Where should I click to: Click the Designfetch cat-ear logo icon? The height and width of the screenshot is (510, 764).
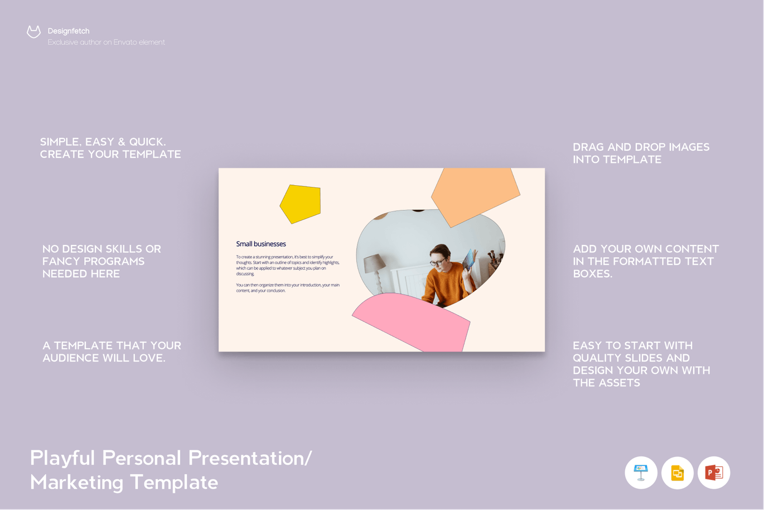[x=33, y=32]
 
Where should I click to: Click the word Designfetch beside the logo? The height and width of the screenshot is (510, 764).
[x=69, y=31]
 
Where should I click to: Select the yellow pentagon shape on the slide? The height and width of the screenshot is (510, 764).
[x=301, y=204]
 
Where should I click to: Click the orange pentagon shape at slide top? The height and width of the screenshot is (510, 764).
[x=475, y=193]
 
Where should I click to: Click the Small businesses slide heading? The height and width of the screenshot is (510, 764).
[x=261, y=244]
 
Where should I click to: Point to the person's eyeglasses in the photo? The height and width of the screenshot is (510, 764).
[x=437, y=262]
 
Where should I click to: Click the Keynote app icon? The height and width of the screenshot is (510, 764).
[x=641, y=473]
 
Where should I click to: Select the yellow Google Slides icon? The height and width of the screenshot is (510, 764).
[x=678, y=473]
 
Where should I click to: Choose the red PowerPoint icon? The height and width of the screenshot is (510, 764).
[x=714, y=473]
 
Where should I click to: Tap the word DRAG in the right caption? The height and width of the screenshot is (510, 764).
[x=588, y=147]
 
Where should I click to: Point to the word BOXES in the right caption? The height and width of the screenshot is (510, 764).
[x=592, y=274]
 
